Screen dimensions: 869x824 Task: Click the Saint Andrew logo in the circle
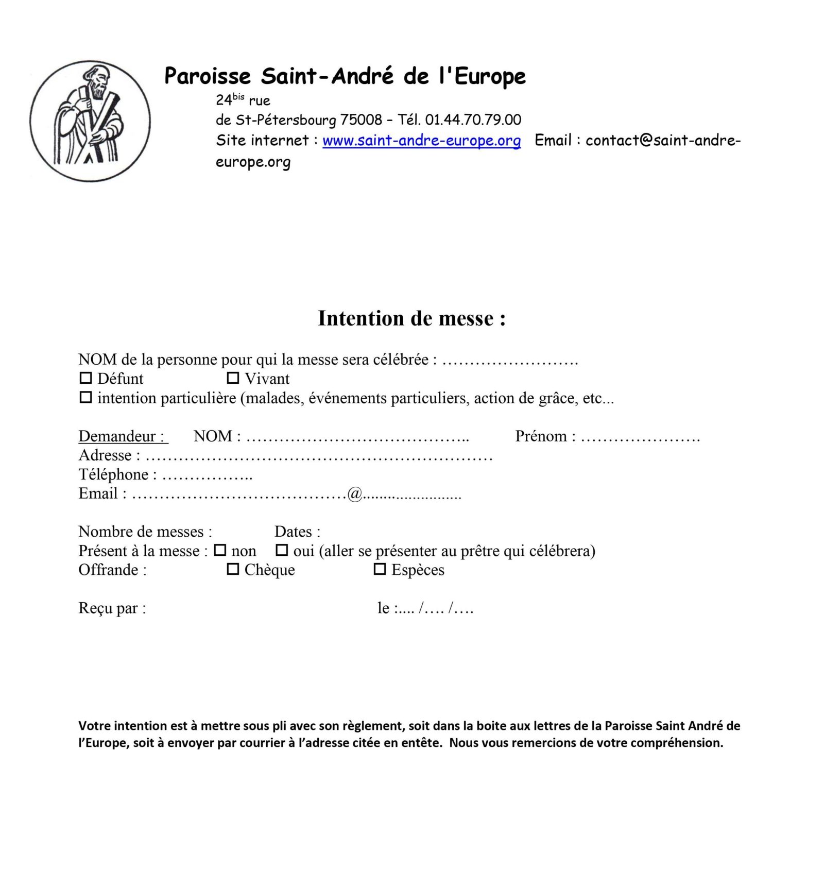tap(90, 121)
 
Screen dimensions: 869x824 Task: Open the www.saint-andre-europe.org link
tap(421, 140)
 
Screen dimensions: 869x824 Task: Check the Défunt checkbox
tap(85, 378)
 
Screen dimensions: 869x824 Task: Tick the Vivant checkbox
tap(233, 378)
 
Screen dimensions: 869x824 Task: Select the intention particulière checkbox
tap(85, 397)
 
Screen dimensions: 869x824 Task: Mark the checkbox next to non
tap(220, 550)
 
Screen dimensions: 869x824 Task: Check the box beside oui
tap(282, 550)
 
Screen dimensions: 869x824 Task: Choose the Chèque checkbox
tap(233, 569)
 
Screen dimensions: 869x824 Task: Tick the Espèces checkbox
tap(380, 569)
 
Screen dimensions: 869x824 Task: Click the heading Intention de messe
tap(411, 318)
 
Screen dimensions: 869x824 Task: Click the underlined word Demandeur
tap(123, 436)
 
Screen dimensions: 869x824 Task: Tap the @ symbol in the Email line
tap(355, 494)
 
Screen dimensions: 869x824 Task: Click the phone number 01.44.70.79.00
tap(473, 120)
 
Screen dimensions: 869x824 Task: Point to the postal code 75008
tap(361, 120)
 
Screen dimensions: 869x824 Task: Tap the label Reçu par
tap(112, 608)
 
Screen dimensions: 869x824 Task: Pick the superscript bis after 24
tap(238, 96)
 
